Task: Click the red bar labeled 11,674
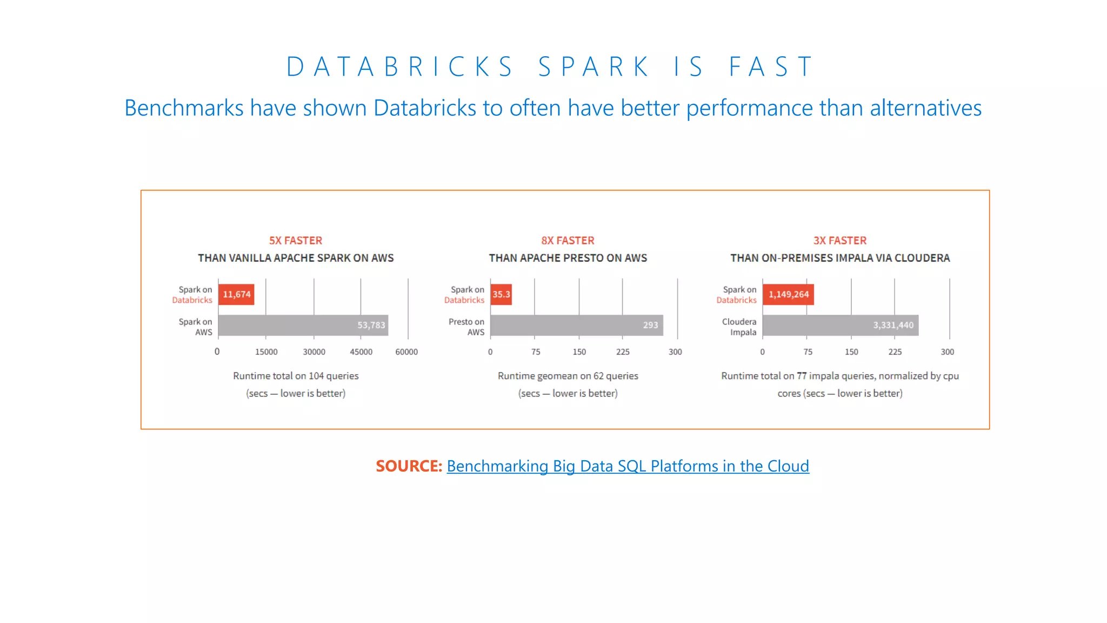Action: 236,295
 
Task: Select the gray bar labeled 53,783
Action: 303,325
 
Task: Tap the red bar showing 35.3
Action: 501,295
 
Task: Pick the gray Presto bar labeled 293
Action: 576,325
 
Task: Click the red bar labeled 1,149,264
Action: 788,295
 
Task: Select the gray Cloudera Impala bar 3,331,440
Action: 840,325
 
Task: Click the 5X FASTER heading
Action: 296,241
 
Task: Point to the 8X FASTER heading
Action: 568,241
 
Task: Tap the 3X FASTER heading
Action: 840,241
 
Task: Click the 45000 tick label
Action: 361,352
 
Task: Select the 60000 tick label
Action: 406,352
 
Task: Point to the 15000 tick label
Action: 266,352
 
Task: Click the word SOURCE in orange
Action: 409,466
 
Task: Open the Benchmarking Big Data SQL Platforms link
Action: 628,466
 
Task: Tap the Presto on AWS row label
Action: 466,327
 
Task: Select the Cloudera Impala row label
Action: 739,327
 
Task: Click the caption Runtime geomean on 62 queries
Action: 568,376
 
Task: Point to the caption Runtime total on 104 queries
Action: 296,376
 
